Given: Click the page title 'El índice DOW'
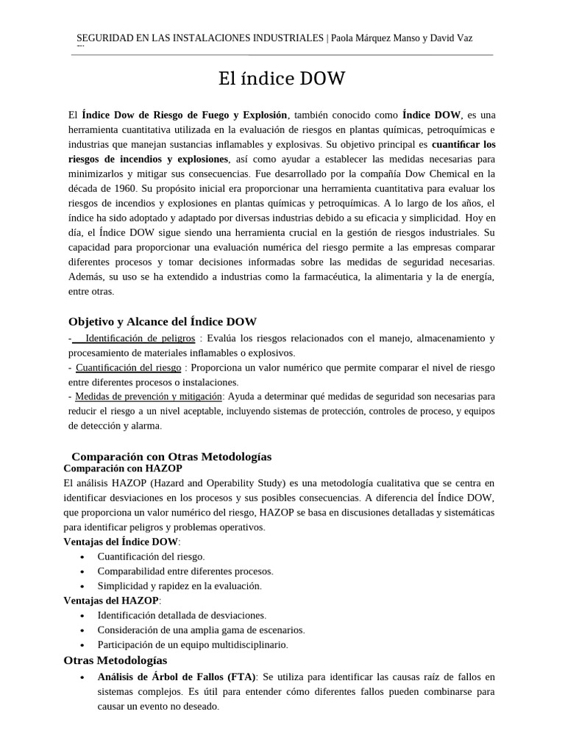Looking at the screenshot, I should click(x=282, y=79).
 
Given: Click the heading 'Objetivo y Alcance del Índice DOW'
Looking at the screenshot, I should click(x=162, y=321).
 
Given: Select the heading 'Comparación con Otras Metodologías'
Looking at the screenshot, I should click(x=171, y=457).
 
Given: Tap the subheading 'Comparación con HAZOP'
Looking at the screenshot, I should click(x=123, y=468).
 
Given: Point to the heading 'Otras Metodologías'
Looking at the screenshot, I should click(x=116, y=660).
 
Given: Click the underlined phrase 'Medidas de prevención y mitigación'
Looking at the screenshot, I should click(x=149, y=396).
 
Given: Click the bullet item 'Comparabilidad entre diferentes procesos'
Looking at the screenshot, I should click(x=185, y=571).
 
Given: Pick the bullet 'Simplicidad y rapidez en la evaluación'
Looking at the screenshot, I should click(x=179, y=586).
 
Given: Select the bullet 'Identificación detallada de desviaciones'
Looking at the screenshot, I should click(x=182, y=615).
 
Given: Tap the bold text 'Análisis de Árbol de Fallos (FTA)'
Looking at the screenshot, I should click(x=177, y=677).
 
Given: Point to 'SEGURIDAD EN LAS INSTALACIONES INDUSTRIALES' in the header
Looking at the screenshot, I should click(x=200, y=38).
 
